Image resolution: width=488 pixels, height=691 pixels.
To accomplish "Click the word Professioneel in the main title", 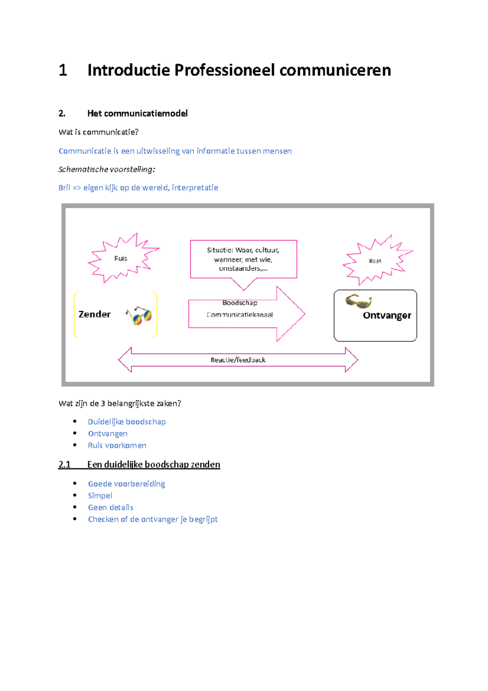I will point(224,70).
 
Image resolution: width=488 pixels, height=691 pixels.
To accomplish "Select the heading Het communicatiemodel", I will point(137,114).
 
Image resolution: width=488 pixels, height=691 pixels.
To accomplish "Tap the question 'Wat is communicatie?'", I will point(98,132).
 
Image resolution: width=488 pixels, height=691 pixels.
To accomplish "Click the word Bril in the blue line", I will point(64,188).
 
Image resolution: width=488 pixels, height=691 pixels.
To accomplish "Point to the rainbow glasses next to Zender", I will point(139,315).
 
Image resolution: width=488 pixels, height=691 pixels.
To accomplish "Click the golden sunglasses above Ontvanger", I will point(358,302).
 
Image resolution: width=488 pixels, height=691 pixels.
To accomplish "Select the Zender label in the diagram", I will point(94,314).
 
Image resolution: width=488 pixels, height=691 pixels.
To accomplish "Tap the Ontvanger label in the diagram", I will point(387,315).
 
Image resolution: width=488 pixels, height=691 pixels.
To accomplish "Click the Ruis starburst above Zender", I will point(121,258).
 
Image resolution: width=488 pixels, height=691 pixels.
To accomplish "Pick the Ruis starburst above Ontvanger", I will point(375,261).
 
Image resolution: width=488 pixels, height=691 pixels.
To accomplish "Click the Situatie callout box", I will point(243,259).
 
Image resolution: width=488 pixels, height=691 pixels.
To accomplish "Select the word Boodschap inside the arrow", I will point(240,303).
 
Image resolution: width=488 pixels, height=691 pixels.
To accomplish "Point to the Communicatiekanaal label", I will point(240,315).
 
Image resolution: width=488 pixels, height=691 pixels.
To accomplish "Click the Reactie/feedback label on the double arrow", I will point(238,360).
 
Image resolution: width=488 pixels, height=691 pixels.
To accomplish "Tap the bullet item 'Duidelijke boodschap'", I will point(126,422).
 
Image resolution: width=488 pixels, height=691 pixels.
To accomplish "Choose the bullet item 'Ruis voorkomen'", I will point(117,446).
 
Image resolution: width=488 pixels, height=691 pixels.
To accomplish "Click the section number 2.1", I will point(64,465).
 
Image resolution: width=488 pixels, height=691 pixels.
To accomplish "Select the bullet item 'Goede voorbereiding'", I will point(126,484).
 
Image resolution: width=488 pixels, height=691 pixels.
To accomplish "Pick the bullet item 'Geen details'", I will point(111,507).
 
